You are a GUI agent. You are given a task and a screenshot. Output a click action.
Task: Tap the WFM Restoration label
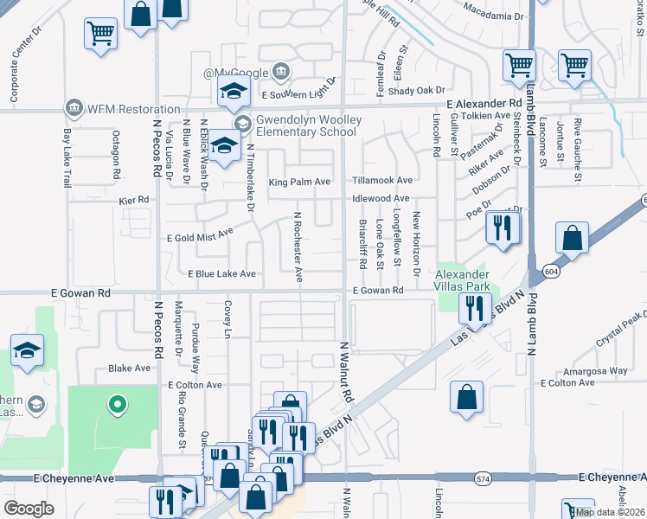(x=113, y=108)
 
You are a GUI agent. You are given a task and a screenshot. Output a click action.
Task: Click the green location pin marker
(x=115, y=404)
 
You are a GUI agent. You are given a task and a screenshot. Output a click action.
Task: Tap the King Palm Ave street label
(x=299, y=182)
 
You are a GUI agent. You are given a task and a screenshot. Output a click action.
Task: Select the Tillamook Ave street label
(x=381, y=181)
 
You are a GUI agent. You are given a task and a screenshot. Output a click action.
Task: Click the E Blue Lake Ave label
(x=222, y=273)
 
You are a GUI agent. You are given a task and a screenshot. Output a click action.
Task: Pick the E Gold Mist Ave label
(x=200, y=234)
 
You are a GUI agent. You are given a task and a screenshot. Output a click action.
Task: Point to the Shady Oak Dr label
(x=416, y=90)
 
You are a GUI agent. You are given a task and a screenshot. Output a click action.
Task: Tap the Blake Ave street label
(x=130, y=368)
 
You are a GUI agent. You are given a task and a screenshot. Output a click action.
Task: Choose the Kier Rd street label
(x=134, y=200)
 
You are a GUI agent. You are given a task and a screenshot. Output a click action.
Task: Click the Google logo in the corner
(x=29, y=508)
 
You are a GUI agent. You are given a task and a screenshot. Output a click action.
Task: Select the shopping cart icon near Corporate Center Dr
(x=100, y=33)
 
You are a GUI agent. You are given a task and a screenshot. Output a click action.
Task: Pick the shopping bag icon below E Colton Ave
(x=466, y=398)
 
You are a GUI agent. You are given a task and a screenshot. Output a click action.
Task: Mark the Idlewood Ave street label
(x=381, y=199)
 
